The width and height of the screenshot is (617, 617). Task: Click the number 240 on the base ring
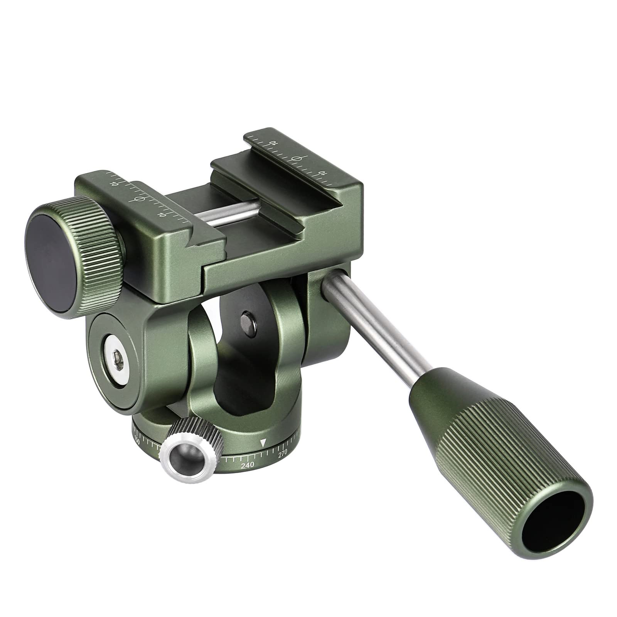point(247,465)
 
